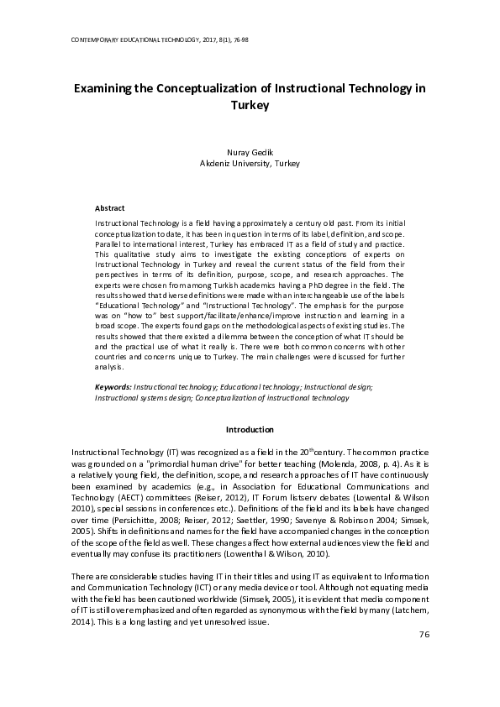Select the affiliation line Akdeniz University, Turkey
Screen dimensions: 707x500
(250, 165)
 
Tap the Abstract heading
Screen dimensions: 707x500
(110, 207)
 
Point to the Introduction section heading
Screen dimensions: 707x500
(250, 429)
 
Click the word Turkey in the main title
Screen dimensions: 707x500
(250, 106)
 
